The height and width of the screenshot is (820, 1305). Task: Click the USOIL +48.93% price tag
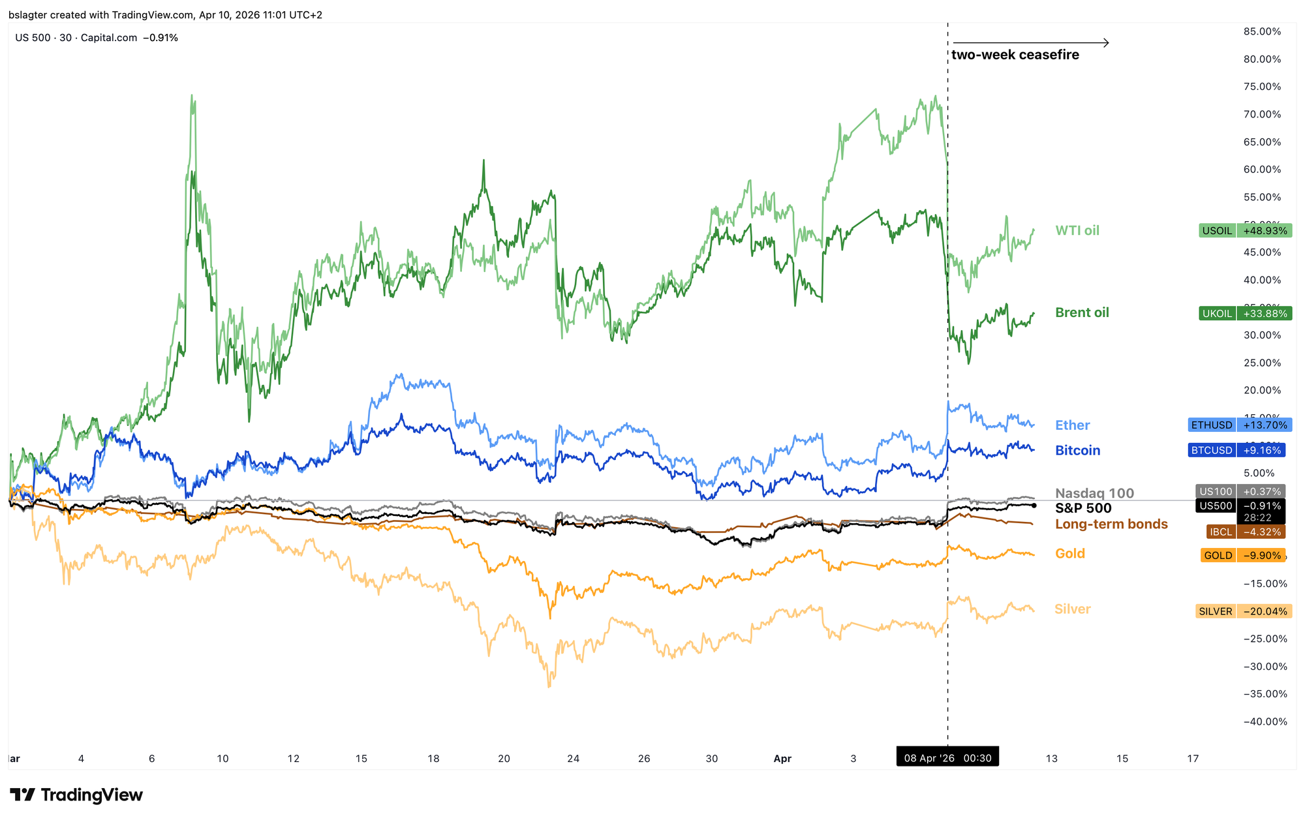[1245, 230]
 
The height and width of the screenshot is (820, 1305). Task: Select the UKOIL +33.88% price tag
[1245, 313]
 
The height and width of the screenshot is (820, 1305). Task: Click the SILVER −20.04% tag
[1244, 611]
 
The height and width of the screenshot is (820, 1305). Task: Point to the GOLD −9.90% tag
[1242, 555]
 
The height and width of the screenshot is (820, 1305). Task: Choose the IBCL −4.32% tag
[1245, 532]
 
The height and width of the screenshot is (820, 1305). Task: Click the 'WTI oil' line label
[1077, 230]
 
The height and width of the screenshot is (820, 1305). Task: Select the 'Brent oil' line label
[1082, 312]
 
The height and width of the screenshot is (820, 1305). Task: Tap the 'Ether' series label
[1072, 425]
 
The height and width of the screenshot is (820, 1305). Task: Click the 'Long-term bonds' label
[1111, 524]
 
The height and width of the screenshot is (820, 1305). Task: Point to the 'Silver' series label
[1072, 609]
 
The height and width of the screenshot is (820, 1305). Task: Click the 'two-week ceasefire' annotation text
[1015, 55]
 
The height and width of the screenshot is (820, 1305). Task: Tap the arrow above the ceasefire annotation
[1031, 43]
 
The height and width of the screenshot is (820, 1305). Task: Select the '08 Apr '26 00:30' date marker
[947, 758]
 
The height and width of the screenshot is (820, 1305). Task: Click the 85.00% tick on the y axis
[1262, 31]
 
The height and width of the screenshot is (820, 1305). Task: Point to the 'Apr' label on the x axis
[782, 758]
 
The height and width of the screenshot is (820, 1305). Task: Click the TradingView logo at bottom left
[76, 795]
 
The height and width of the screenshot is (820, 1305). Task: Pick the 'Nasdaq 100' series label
[1094, 493]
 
